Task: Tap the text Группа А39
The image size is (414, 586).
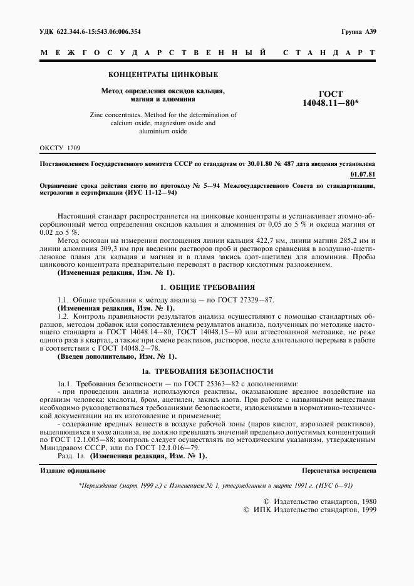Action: click(x=359, y=31)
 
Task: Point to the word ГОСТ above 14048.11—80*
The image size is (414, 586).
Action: click(x=331, y=94)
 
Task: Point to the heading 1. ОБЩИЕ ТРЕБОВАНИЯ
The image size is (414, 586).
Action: click(x=208, y=287)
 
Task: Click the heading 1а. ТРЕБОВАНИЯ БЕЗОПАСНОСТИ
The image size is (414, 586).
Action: click(x=208, y=371)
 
